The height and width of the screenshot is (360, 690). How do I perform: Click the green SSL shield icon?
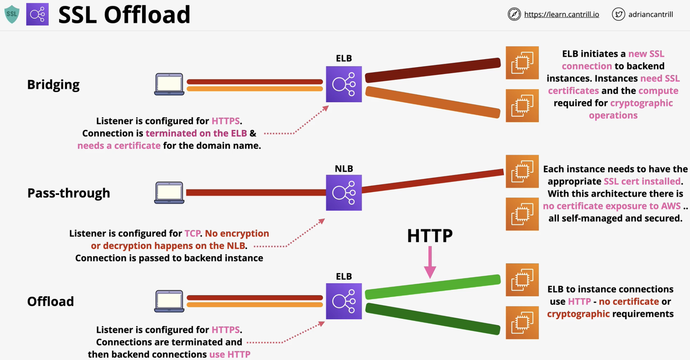12,14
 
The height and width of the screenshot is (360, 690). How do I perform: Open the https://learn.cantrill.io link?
561,14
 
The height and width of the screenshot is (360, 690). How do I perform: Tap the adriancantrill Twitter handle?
650,14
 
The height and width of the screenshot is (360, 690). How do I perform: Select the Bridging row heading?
53,85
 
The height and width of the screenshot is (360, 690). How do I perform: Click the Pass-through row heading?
68,193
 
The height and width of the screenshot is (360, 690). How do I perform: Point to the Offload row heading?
51,301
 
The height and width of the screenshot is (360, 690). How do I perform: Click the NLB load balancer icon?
344,193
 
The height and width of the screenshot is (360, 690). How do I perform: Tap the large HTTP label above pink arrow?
430,236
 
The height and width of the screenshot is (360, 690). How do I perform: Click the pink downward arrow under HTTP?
430,262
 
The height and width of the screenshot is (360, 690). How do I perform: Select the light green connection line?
433,286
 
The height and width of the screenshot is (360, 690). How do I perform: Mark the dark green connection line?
433,319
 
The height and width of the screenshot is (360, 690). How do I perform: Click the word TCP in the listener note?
192,233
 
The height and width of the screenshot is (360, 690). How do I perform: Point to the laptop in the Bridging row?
169,84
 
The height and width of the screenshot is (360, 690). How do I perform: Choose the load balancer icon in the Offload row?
344,301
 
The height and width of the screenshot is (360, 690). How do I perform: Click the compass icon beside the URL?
514,14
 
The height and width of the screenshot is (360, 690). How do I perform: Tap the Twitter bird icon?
618,14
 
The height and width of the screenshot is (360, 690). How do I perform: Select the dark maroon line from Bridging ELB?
433,71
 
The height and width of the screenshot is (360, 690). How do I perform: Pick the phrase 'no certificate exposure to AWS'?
612,206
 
